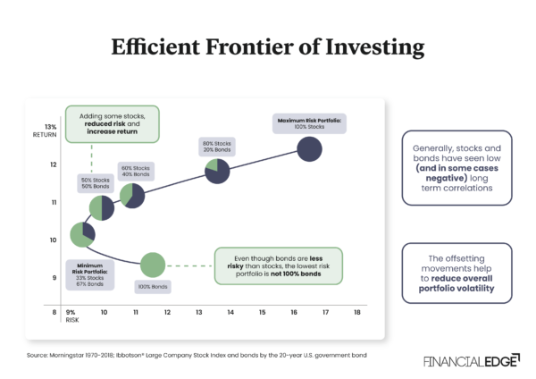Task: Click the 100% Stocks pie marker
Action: (309, 148)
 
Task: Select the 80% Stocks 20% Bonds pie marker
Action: (218, 173)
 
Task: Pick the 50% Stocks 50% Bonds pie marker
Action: (101, 208)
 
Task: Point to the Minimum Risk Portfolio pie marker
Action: (83, 235)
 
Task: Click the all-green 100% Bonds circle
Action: (153, 265)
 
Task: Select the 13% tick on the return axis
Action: (50, 127)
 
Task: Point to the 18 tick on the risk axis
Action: (357, 312)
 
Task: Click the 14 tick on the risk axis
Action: (230, 312)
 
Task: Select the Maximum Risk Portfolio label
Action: (309, 118)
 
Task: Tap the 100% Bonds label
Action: (153, 287)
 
